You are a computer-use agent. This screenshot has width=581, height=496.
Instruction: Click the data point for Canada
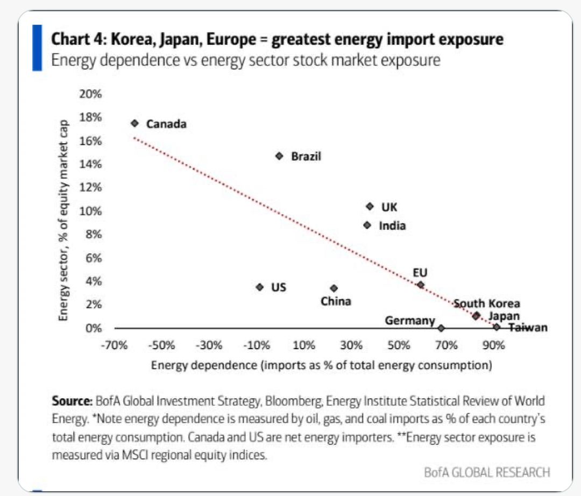134,123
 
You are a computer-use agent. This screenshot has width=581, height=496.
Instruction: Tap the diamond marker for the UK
370,207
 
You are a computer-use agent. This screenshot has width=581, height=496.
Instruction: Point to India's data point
367,225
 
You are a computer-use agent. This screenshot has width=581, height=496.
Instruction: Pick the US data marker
260,287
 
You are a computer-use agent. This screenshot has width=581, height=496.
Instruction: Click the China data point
334,288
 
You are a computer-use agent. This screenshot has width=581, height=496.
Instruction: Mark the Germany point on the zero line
441,328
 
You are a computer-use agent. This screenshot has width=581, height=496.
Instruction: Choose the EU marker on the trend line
421,285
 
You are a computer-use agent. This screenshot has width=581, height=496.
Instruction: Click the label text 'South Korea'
487,304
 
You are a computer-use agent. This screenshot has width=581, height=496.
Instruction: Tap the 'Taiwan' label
528,328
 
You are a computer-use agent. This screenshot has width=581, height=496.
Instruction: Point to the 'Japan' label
504,316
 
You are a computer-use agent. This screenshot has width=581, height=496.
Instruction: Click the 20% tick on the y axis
90,94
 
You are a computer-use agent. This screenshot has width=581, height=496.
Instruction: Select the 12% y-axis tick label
90,188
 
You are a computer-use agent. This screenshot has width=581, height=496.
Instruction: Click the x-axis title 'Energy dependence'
321,366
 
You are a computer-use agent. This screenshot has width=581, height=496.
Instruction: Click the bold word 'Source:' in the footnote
72,401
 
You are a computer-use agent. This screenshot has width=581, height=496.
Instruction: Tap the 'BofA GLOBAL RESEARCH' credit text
487,472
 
